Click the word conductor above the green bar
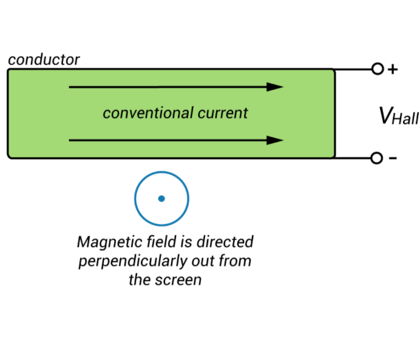coord(44,59)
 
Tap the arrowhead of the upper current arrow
coord(276,87)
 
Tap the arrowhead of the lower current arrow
coord(276,140)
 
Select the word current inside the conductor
coord(223,113)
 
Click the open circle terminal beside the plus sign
coord(377,69)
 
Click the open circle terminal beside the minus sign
coord(377,158)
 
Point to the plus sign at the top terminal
coord(393,69)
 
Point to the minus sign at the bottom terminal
coord(393,158)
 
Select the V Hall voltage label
coord(398,115)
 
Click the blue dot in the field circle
coord(161,199)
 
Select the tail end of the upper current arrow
coord(71,87)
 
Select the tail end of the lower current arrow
coord(71,140)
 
